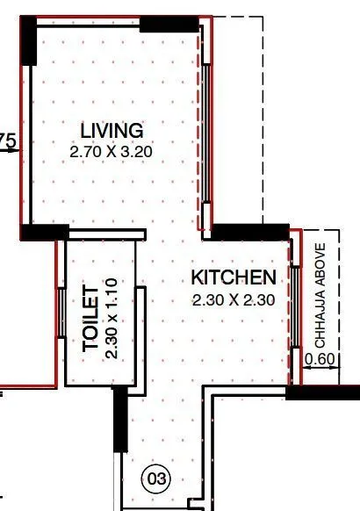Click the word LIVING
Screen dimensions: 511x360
[x=111, y=131]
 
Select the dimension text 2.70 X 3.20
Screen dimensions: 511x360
[x=111, y=150]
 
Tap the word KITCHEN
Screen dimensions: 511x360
[x=234, y=278]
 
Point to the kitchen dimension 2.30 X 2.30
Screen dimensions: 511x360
[x=234, y=299]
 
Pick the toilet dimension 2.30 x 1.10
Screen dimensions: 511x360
[x=111, y=319]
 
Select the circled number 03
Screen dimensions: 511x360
[x=156, y=479]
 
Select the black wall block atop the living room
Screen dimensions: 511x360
[x=169, y=24]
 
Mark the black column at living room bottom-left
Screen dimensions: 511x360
[x=44, y=233]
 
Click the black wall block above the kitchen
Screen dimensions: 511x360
[x=251, y=233]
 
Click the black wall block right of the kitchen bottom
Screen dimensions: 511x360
[x=323, y=392]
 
